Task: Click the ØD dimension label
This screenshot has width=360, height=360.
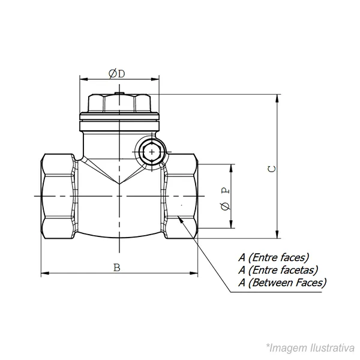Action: (x=117, y=74)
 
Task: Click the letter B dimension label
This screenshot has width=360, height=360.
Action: (x=117, y=268)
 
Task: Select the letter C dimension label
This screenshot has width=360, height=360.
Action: (x=272, y=169)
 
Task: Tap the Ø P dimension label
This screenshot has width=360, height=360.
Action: (x=226, y=199)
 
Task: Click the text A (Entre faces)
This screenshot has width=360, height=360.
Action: (x=274, y=257)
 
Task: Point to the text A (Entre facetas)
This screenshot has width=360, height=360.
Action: (x=278, y=270)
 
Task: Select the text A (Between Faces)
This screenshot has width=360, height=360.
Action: (x=283, y=283)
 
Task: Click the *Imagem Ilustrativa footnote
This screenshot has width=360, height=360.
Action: (x=310, y=348)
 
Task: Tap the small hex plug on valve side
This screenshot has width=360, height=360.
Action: (x=152, y=152)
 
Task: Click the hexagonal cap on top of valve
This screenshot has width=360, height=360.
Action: (x=119, y=103)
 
